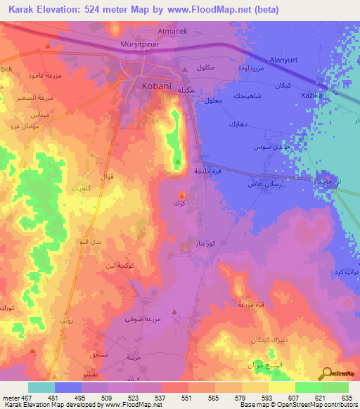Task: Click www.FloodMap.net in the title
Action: [212, 10]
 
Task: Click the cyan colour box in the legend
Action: [41, 387]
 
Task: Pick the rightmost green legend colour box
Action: [335, 387]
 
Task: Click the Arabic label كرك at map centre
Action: [178, 203]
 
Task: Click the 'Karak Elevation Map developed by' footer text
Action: [52, 405]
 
